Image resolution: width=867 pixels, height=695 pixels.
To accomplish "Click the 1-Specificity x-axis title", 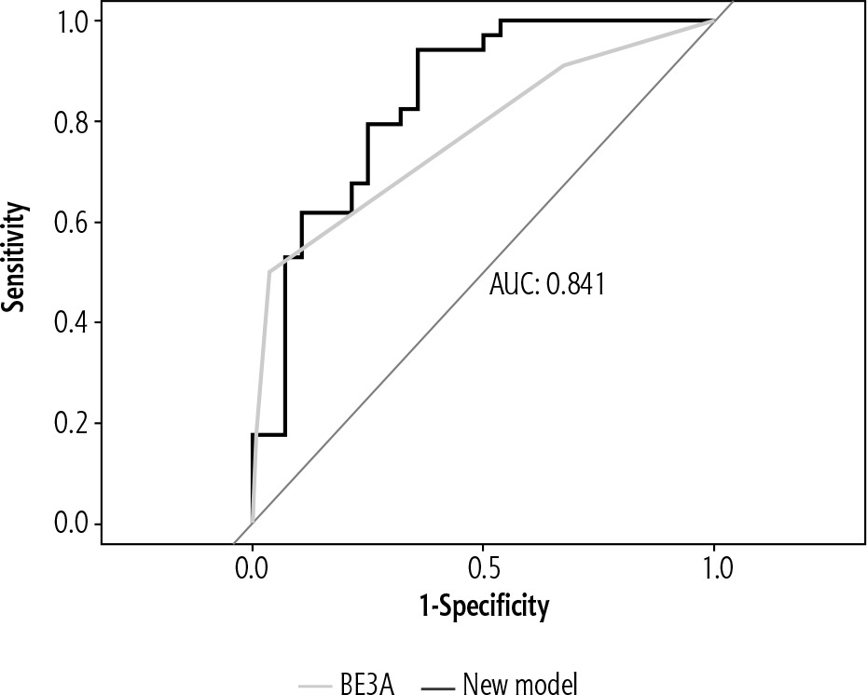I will click(482, 607).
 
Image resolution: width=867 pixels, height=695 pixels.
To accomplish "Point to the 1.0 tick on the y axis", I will click(71, 20).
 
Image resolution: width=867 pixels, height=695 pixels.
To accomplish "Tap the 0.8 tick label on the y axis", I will click(71, 121).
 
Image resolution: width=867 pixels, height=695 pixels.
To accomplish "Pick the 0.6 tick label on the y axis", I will click(71, 222).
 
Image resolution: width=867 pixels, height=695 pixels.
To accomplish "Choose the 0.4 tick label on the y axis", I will click(71, 322).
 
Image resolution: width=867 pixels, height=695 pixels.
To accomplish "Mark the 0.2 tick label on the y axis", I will click(71, 423).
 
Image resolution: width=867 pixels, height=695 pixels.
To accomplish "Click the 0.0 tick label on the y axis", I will click(71, 524).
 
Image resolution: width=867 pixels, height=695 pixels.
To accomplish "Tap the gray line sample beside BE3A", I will click(316, 687).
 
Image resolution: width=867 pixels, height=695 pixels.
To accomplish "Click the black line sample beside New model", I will click(440, 687).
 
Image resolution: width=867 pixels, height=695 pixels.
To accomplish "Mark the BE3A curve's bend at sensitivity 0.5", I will click(268, 272).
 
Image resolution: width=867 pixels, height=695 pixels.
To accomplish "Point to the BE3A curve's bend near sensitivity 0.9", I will click(563, 65).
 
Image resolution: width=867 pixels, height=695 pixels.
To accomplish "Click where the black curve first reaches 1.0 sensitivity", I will click(501, 20).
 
